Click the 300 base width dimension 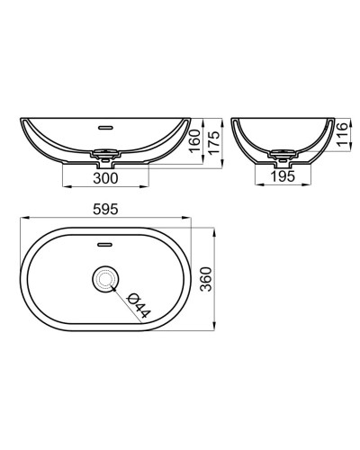pos(106,179)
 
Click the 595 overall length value pos(106,207)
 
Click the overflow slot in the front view pos(106,127)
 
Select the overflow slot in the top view pos(106,242)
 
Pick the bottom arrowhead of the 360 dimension pos(213,329)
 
